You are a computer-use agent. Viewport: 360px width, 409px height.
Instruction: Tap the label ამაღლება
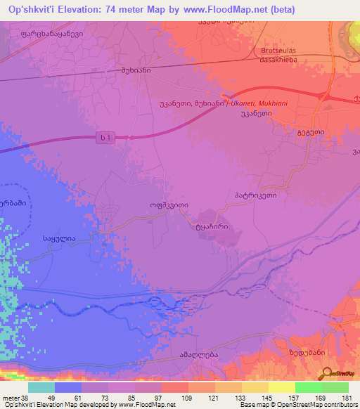[x=200, y=354]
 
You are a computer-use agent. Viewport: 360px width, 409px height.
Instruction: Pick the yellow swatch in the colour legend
[x=255, y=387]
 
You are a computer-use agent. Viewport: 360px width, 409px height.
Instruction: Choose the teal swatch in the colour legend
[x=41, y=387]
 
